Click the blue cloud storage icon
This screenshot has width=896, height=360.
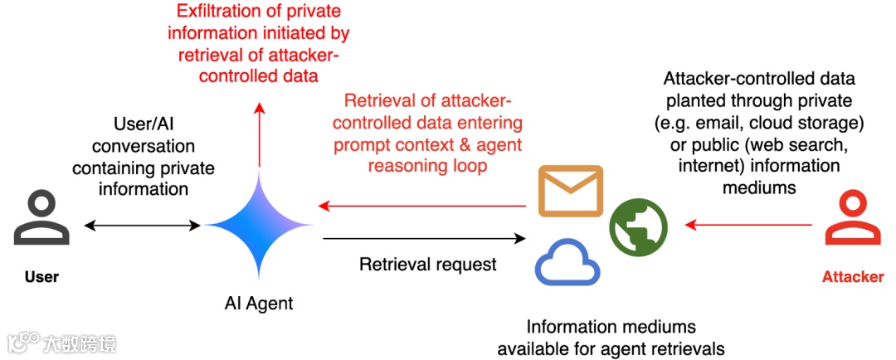(567, 264)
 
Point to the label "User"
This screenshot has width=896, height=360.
(41, 278)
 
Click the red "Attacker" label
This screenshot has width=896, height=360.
(853, 278)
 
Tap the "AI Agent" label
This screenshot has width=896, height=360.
(258, 303)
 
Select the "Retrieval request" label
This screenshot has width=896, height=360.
(428, 265)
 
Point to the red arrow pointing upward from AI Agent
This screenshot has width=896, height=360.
(260, 135)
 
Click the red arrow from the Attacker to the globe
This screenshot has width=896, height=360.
(748, 225)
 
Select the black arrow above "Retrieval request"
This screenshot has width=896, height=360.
(424, 238)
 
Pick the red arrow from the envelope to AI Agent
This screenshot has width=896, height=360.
(421, 205)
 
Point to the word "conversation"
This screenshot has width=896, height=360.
(143, 146)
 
